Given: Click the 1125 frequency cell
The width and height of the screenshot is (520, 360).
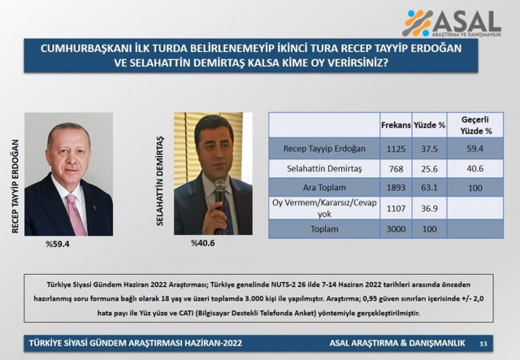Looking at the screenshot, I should [396, 148].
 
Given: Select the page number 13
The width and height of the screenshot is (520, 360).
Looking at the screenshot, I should [483, 341].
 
